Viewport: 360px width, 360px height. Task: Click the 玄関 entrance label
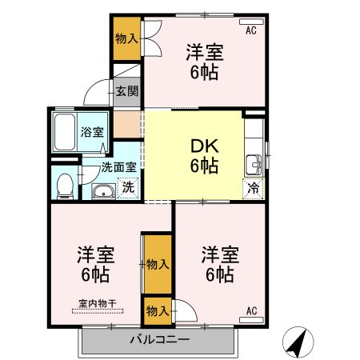(x=126, y=90)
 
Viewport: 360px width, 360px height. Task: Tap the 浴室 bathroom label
(x=92, y=132)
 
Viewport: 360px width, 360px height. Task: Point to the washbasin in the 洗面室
(x=102, y=191)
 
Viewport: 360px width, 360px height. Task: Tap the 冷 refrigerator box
(x=252, y=190)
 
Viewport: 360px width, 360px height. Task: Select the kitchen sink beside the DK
(x=255, y=163)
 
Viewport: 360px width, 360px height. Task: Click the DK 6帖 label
(x=204, y=156)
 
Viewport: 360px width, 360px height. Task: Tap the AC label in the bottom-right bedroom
(x=251, y=310)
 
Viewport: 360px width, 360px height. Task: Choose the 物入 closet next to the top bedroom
(x=126, y=38)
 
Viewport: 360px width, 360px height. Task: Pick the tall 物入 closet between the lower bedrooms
(x=157, y=263)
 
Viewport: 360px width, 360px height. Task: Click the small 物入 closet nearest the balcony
(x=157, y=310)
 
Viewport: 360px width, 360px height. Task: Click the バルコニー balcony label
(x=160, y=340)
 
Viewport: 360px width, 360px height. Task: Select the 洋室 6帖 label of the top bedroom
(x=205, y=62)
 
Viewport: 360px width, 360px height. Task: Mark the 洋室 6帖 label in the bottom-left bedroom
(x=96, y=265)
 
